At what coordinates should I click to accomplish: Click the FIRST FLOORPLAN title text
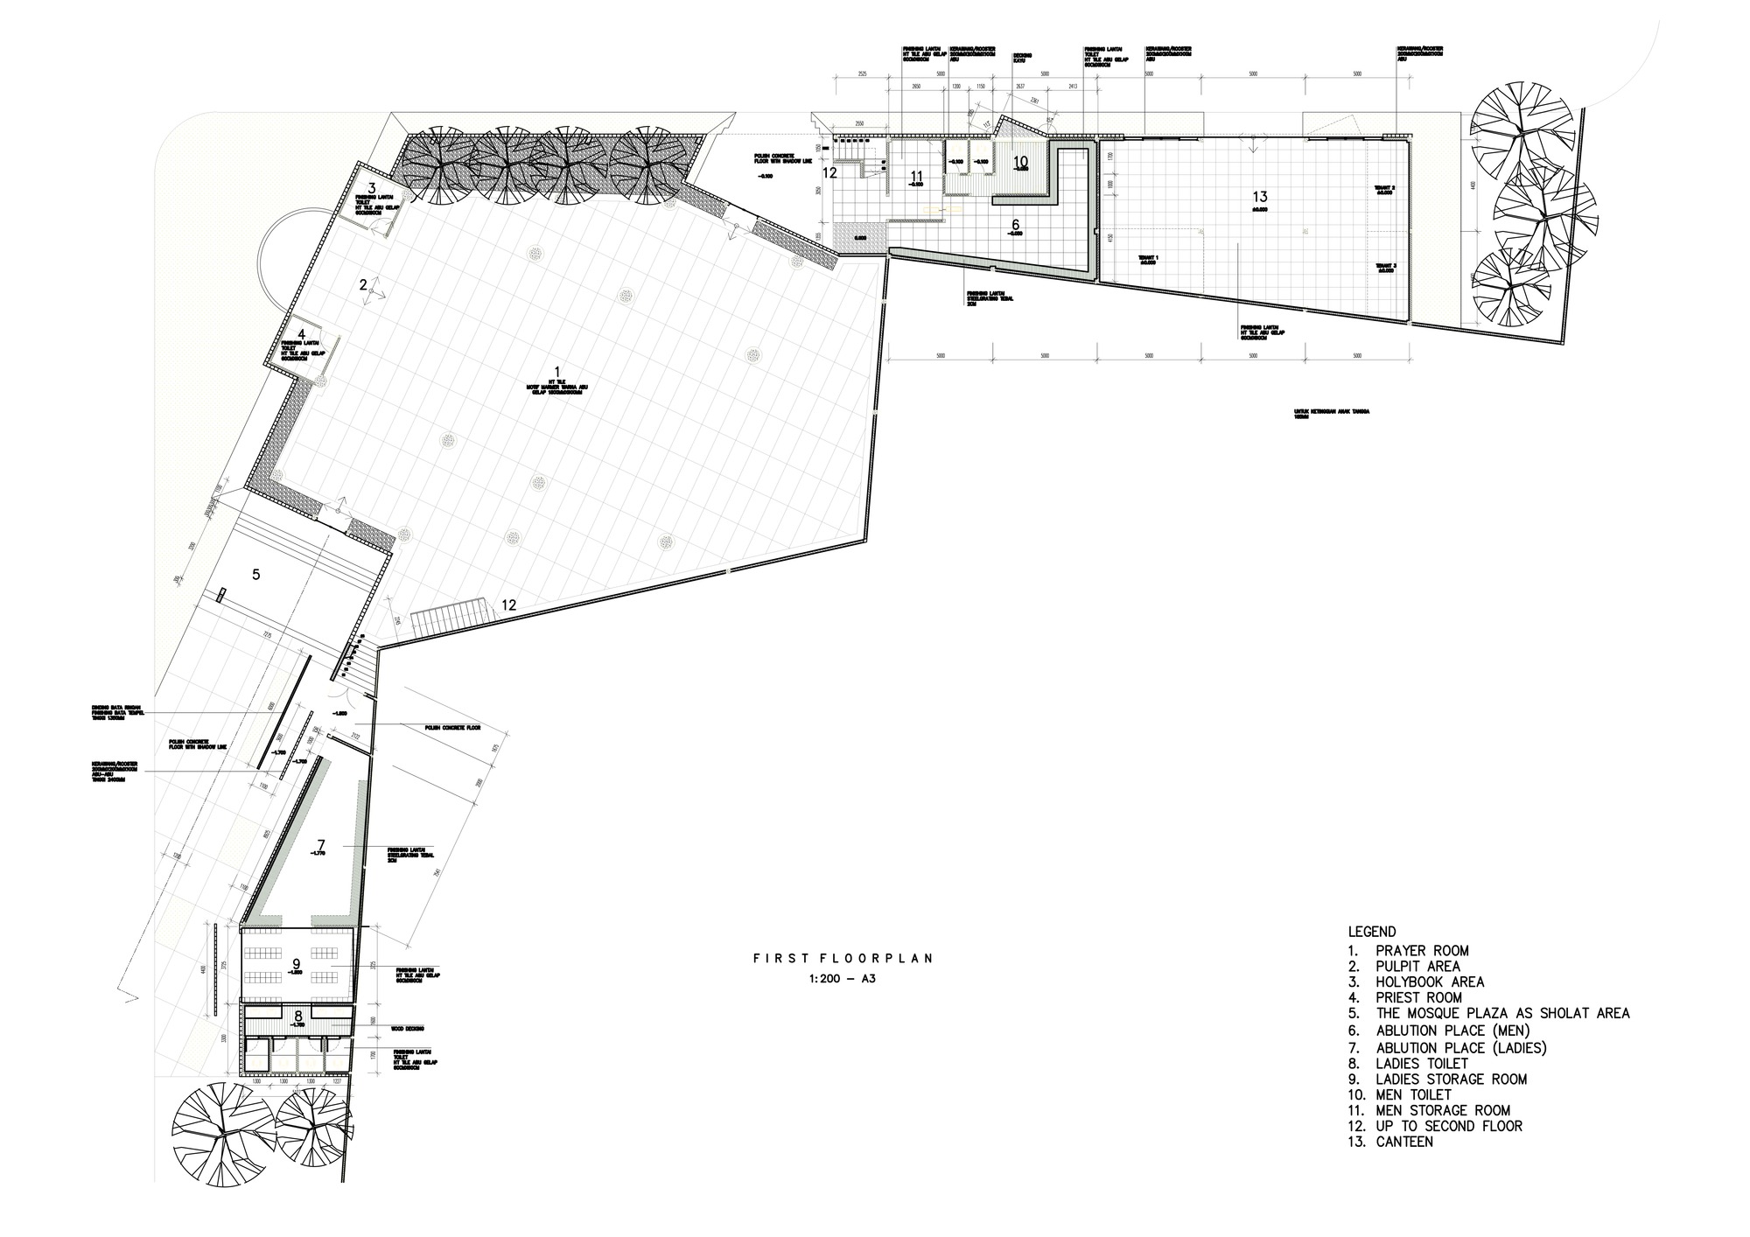coord(843,959)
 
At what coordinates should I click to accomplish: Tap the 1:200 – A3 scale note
coord(843,980)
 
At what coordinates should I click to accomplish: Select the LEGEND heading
coord(1372,932)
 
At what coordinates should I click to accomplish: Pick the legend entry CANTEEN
coord(1404,1142)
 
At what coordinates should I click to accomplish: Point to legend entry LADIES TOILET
coord(1422,1063)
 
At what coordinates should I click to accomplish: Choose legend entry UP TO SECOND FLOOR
coord(1449,1126)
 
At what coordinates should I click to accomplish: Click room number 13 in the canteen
coord(1260,197)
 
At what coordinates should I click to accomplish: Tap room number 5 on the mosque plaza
coord(256,575)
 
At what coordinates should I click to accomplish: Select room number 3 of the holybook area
coord(371,188)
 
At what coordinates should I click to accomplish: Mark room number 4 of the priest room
coord(302,334)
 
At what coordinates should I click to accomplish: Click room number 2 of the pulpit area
coord(362,284)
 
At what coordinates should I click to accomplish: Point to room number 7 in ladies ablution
coord(321,844)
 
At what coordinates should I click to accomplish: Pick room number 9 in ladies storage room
coord(297,963)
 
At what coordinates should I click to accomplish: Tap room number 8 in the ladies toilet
coord(298,1016)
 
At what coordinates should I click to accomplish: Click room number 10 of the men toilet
coord(1020,162)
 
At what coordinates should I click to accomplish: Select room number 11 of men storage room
coord(917,176)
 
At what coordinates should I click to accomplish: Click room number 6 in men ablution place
coord(1015,225)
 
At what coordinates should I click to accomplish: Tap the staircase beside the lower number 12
coord(449,618)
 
